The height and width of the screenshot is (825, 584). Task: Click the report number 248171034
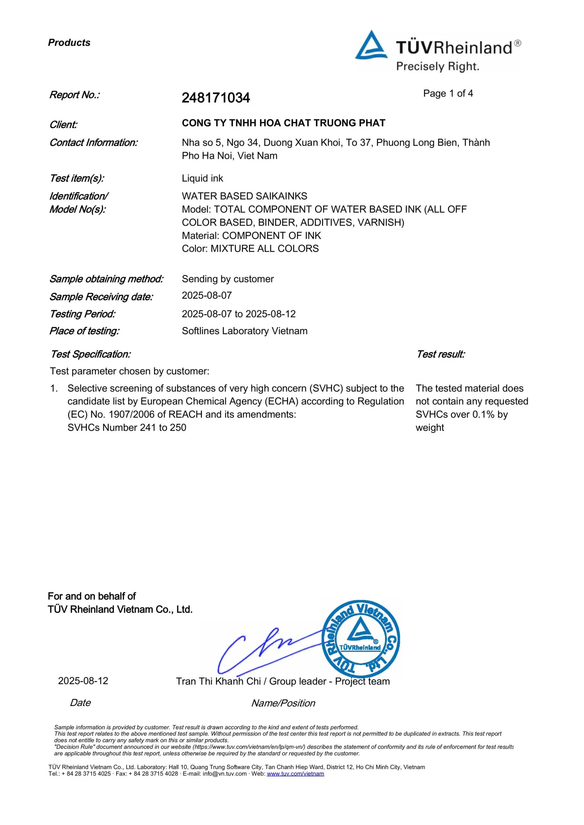coord(215,98)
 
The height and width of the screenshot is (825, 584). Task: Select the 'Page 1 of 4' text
coord(448,93)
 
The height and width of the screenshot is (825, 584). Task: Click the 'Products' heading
coord(69,43)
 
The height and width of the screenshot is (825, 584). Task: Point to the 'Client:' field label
coord(63,125)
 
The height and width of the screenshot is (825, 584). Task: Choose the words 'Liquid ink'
coord(202,178)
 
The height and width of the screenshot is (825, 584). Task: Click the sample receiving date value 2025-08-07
coord(206,296)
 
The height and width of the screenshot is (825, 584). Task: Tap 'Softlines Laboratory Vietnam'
coord(244,331)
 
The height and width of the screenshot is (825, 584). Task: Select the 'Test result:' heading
coord(440,354)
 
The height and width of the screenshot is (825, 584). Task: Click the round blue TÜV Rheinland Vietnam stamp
coord(360,639)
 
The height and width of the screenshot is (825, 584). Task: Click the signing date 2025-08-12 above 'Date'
coord(83,681)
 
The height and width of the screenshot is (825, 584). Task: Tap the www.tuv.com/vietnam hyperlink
coord(295,774)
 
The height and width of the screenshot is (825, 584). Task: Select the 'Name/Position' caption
coord(283,703)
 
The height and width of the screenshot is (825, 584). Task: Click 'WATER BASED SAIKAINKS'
coord(244,196)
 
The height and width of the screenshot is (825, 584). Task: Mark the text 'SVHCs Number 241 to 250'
coord(127,428)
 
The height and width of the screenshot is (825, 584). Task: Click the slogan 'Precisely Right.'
coord(437,67)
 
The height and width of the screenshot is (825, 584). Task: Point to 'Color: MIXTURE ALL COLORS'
coord(250,249)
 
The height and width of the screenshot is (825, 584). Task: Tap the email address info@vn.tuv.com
coord(224,774)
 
